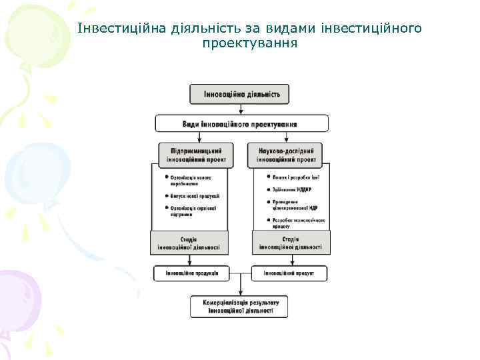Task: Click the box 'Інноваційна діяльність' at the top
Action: (240, 94)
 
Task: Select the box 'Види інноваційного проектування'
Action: (241, 123)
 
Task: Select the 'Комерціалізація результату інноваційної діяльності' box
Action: (240, 307)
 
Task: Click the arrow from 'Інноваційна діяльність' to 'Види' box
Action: (240, 109)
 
